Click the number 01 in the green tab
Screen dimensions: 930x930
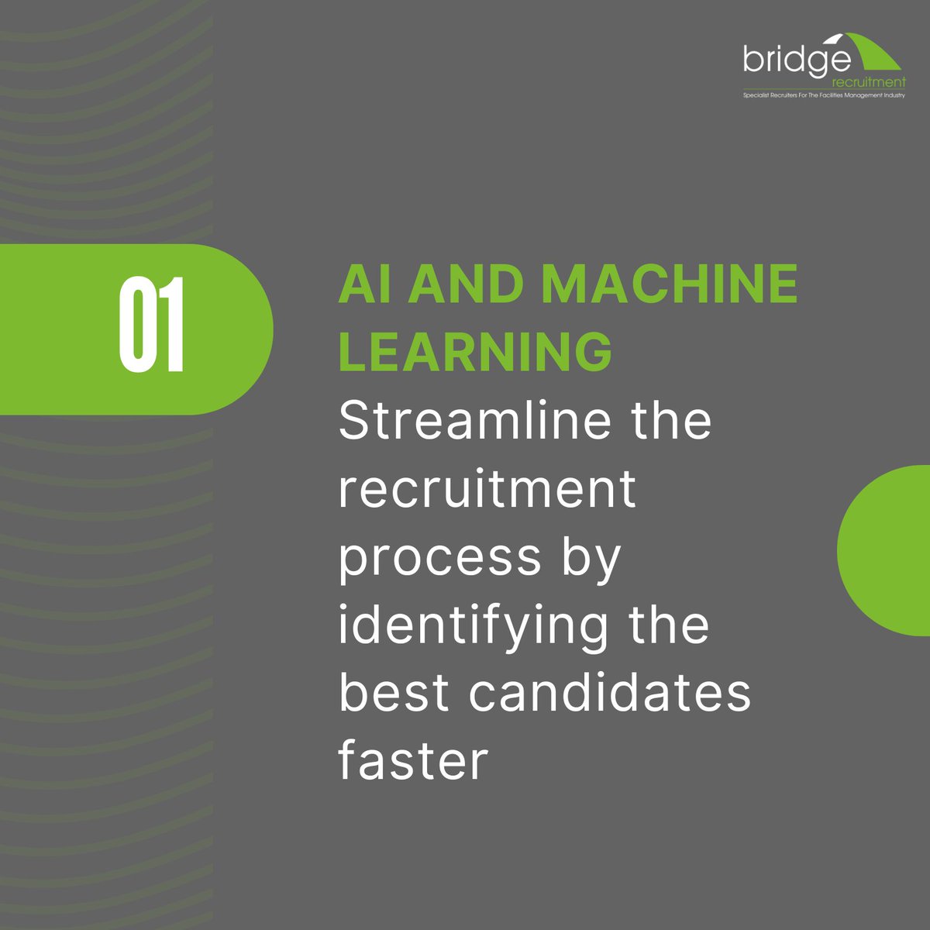(151, 325)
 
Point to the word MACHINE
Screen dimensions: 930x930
(670, 284)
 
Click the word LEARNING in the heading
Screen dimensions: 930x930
(475, 351)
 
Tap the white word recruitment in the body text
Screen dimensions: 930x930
(487, 489)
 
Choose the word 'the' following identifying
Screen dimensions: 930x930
(669, 625)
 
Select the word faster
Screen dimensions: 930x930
(413, 760)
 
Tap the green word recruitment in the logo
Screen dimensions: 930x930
(866, 81)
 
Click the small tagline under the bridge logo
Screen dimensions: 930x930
(824, 96)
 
